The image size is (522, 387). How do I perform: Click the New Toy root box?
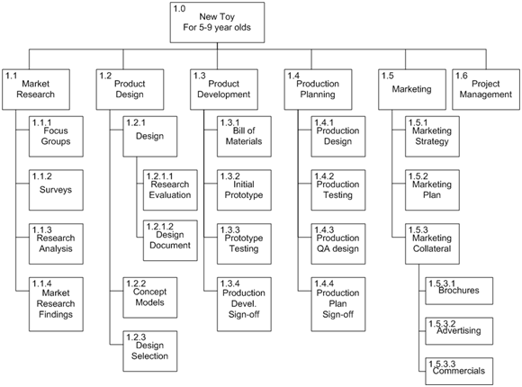point(217,22)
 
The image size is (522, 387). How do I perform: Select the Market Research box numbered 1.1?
point(36,89)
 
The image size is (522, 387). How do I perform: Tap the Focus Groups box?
point(56,136)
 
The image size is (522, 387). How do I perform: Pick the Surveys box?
point(56,190)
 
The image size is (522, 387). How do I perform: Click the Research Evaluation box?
point(170,190)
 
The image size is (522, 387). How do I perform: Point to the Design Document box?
point(170,240)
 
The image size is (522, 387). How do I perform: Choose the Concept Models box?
point(149,297)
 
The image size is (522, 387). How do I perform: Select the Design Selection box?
point(149,351)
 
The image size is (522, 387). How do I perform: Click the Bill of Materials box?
point(244,136)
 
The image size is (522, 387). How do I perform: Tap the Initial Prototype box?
point(244,190)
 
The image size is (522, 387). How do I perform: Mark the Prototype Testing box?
point(244,244)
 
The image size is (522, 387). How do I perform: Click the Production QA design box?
point(337,244)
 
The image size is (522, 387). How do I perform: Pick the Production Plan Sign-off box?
point(337,304)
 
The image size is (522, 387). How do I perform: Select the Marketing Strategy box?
point(432,136)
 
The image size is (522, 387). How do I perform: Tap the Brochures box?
point(459,291)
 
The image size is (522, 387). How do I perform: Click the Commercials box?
point(459,372)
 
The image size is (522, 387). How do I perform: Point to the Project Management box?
point(486,89)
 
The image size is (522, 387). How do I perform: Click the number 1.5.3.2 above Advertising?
point(442,324)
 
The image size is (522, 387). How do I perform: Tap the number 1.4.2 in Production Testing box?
point(324,175)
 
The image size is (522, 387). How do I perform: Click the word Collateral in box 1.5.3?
point(432,248)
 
